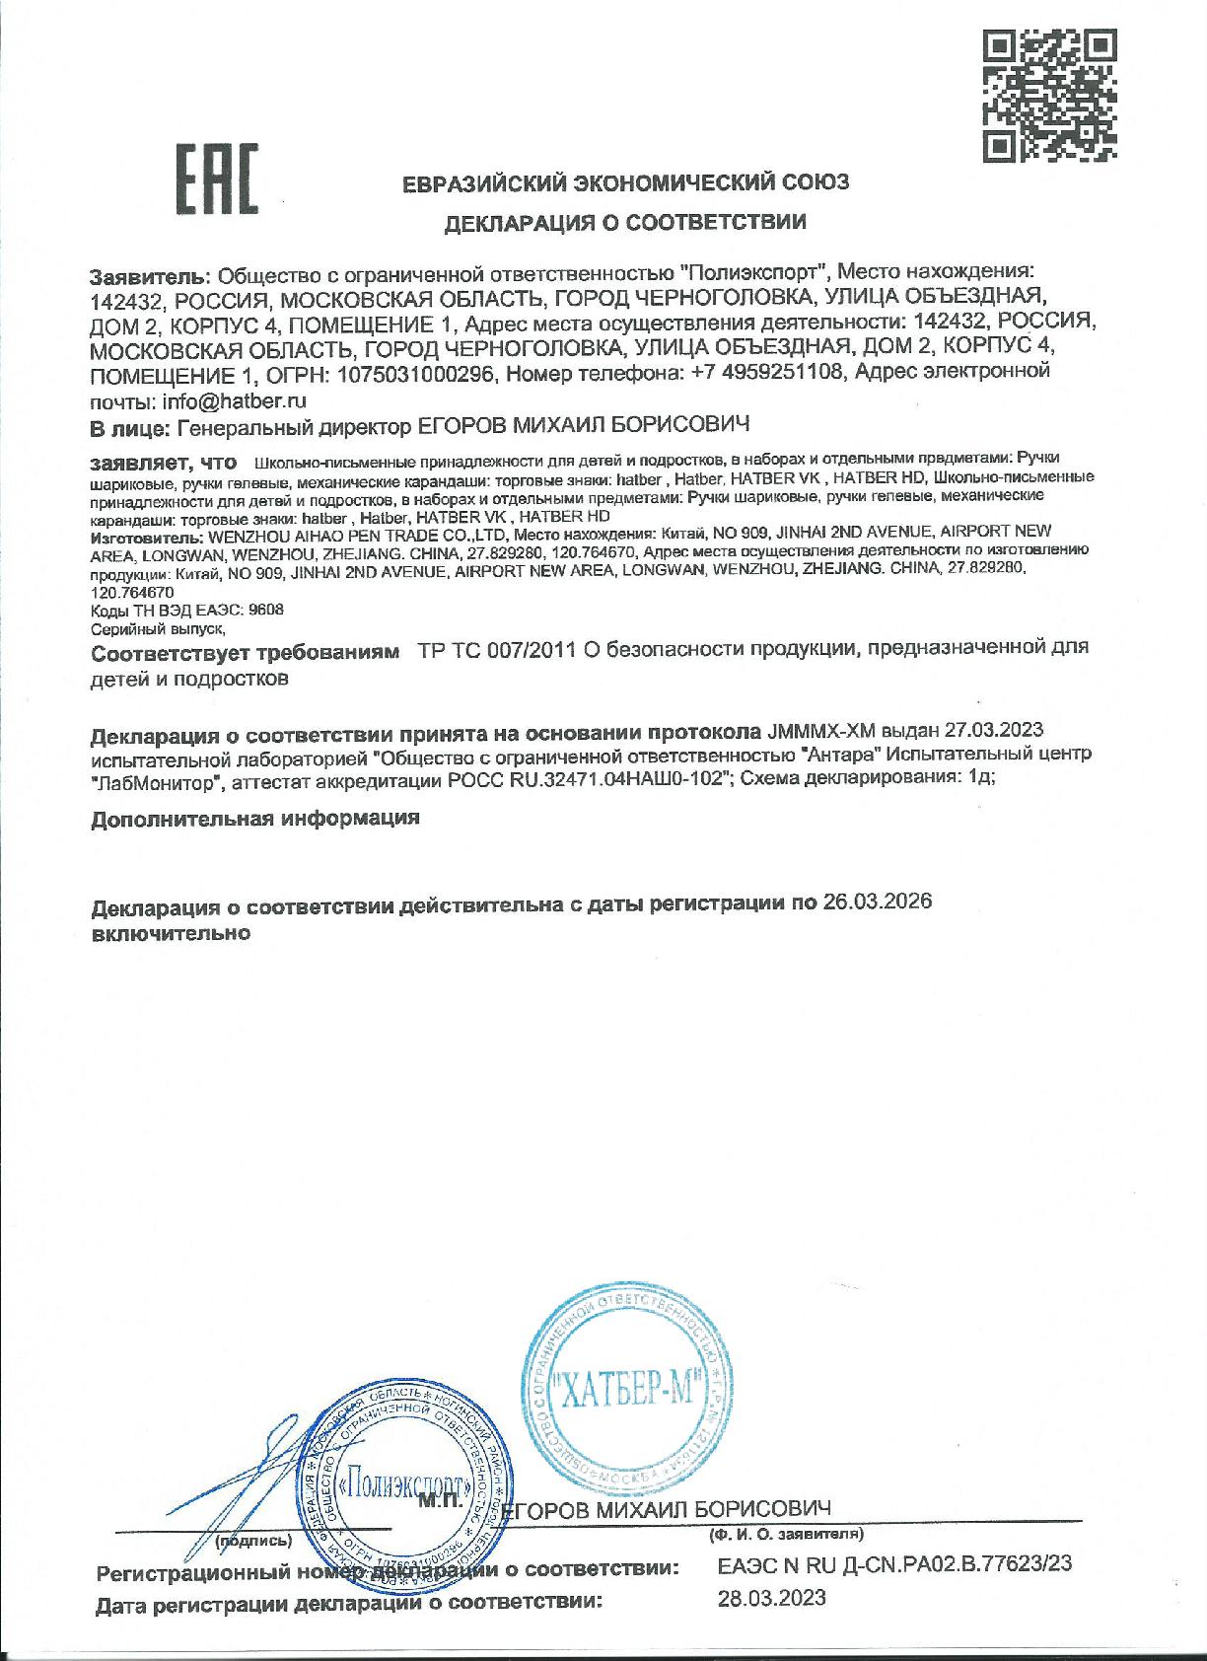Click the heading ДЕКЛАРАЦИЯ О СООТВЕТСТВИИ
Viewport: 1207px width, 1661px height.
(625, 222)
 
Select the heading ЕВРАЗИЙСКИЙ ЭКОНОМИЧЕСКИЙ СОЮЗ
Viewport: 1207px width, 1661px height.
(625, 182)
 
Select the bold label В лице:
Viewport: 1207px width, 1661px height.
(129, 427)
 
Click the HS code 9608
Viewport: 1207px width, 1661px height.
(267, 610)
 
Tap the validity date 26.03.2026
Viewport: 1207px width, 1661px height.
(877, 903)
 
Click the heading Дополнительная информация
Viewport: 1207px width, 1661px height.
(255, 819)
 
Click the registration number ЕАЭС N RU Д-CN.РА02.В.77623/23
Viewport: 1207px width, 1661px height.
(893, 1563)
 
